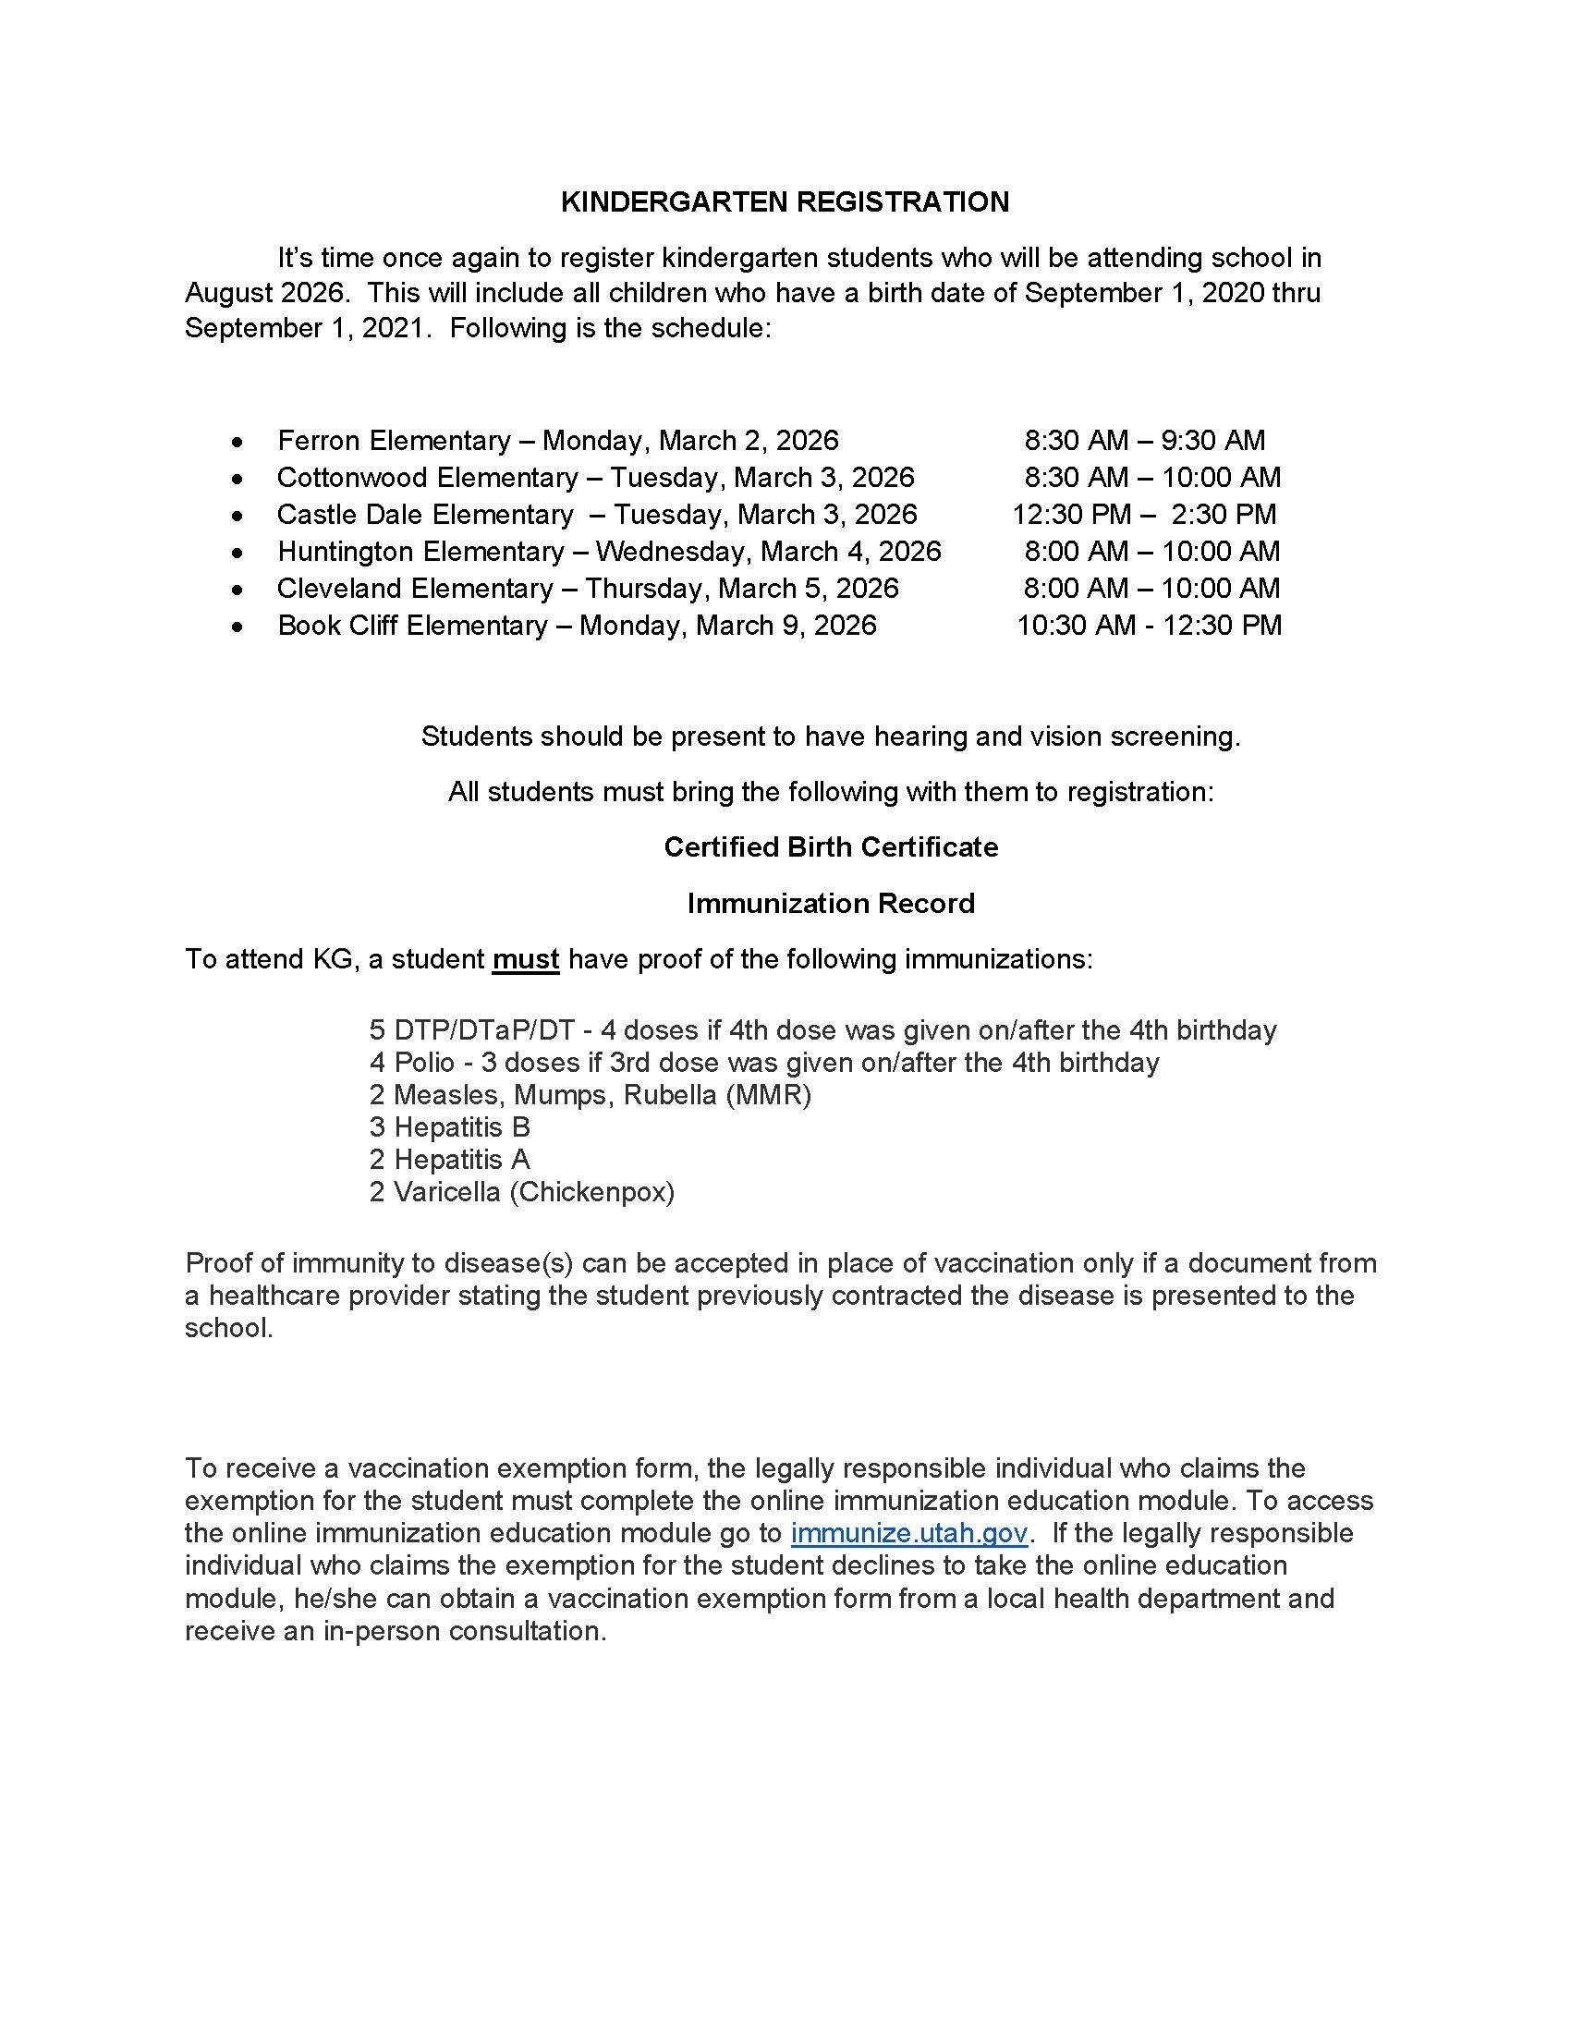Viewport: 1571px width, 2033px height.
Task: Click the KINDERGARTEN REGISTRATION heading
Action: click(x=785, y=202)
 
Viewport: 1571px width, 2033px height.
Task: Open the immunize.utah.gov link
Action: click(x=908, y=1532)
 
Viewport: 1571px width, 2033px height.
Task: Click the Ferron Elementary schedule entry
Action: click(x=557, y=440)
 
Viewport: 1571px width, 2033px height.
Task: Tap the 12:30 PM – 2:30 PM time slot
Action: click(x=1144, y=514)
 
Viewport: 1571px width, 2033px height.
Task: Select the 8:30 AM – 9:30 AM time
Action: click(x=1144, y=440)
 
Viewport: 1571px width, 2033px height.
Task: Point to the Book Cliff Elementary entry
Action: click(x=576, y=625)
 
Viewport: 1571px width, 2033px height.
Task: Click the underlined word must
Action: click(x=525, y=959)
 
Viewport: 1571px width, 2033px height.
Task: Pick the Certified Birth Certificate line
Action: click(x=830, y=847)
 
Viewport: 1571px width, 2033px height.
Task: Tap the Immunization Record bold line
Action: click(x=830, y=903)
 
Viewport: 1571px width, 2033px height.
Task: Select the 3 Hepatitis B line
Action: click(x=449, y=1127)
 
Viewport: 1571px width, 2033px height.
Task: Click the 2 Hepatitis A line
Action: click(x=449, y=1160)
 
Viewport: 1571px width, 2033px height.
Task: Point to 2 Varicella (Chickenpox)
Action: click(x=521, y=1191)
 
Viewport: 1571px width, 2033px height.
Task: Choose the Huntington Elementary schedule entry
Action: click(x=609, y=551)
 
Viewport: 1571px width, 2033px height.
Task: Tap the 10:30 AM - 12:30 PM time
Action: click(x=1149, y=625)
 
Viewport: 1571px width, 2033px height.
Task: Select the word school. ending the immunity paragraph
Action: click(x=229, y=1327)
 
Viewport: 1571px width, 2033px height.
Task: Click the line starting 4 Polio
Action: click(x=763, y=1062)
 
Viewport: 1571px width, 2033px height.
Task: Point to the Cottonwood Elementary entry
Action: click(x=596, y=478)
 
